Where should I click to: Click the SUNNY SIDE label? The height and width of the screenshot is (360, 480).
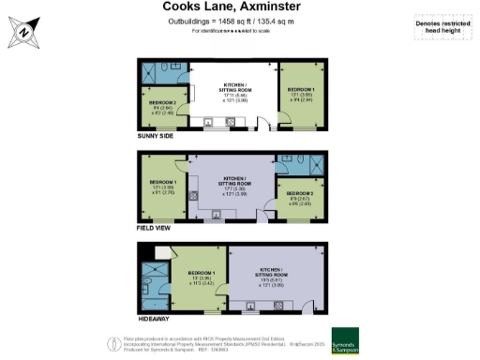pos(156,135)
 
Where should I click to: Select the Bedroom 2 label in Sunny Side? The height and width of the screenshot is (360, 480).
pos(162,105)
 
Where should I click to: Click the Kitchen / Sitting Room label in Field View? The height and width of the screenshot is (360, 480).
pos(234,185)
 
